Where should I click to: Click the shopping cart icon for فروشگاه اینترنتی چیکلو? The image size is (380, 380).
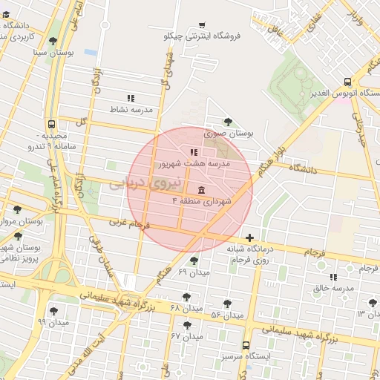pos(202,24)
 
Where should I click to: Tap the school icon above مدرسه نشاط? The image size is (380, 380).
pos(131,97)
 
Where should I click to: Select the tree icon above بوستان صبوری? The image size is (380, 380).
pos(227,122)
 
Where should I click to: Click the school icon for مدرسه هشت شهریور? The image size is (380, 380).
pos(194,151)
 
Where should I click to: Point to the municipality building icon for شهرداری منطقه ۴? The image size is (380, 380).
pos(202,189)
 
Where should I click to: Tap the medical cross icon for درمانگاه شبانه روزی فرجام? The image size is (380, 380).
pos(249,237)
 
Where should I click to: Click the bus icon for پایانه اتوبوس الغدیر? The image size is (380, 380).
pos(347,82)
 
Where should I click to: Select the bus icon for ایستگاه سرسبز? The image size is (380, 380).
pos(246,345)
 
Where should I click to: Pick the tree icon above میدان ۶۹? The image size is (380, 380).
pos(194,261)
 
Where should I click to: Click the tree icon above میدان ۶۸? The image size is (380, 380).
pos(175,296)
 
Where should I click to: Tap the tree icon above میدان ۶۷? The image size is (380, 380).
pos(186,325)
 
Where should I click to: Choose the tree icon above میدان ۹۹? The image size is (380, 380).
pos(53,311)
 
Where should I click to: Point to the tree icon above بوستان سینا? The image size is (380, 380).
pos(52,42)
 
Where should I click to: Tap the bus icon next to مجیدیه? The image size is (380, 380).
pos(51,125)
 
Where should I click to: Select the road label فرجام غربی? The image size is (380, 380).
pos(130,223)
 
